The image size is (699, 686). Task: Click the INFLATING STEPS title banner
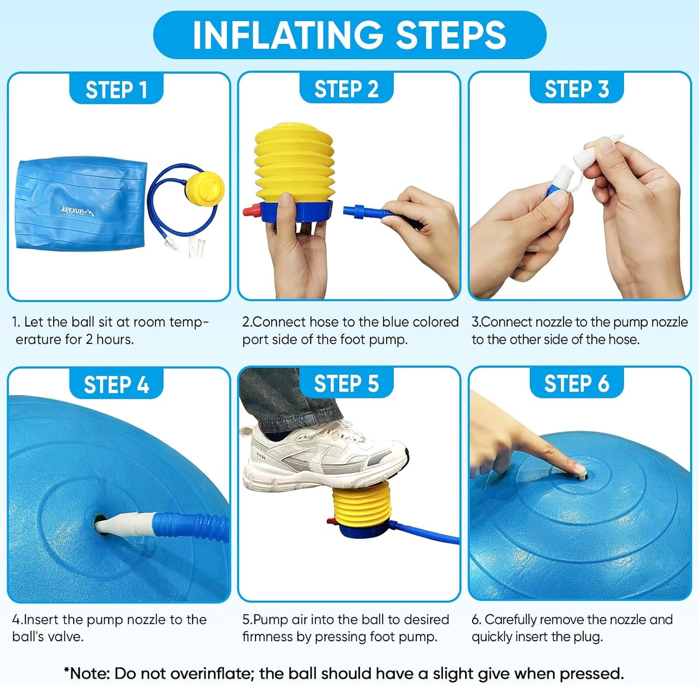pyautogui.click(x=349, y=35)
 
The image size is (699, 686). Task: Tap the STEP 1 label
pyautogui.click(x=116, y=89)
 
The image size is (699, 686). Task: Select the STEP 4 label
pyautogui.click(x=116, y=385)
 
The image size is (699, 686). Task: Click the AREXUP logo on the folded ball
pyautogui.click(x=77, y=211)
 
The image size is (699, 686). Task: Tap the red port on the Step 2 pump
pyautogui.click(x=250, y=211)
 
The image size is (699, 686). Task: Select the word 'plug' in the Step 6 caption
pyautogui.click(x=587, y=637)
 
